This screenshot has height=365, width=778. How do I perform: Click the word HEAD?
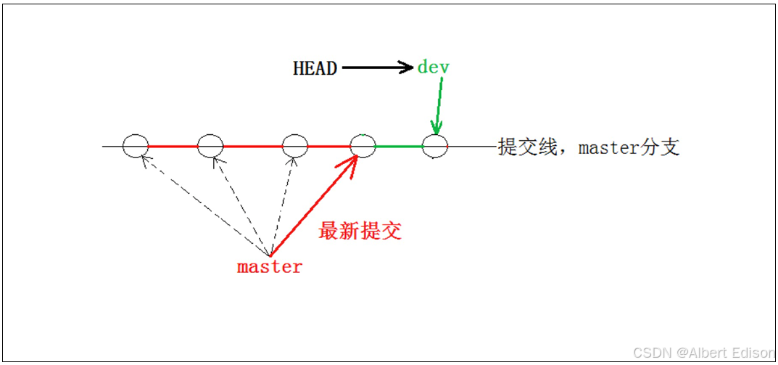tap(315, 68)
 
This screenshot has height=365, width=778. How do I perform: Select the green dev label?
tap(434, 67)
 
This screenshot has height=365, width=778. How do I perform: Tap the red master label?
tap(270, 267)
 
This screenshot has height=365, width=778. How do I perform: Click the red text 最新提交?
tap(360, 231)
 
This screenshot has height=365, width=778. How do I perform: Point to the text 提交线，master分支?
tap(589, 147)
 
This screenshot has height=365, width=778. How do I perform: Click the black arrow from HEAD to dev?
tap(376, 68)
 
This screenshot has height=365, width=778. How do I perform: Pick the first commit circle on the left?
tap(136, 146)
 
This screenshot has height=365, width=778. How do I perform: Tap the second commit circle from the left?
tap(210, 146)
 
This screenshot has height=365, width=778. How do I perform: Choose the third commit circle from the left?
tap(294, 146)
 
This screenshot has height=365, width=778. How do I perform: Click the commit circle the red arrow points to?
tap(363, 146)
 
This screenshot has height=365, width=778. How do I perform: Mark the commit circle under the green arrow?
tap(435, 146)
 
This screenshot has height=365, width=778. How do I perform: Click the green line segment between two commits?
tap(399, 147)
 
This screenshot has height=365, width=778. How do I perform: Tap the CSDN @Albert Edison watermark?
tap(703, 353)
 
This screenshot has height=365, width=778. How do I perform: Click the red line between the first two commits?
tap(173, 147)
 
